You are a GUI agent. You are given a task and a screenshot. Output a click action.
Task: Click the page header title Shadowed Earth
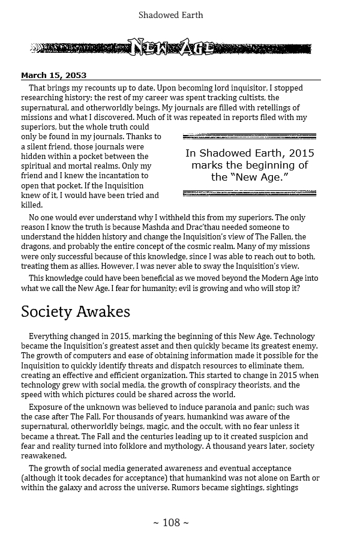point(171,14)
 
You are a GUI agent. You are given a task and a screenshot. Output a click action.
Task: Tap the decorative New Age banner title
point(171,47)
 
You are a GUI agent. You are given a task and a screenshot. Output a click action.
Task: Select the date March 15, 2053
point(53,76)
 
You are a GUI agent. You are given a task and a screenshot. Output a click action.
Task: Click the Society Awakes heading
point(76,313)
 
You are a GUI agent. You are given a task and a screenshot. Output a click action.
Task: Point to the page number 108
point(171,523)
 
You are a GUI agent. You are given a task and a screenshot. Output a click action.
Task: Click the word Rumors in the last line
point(187,488)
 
